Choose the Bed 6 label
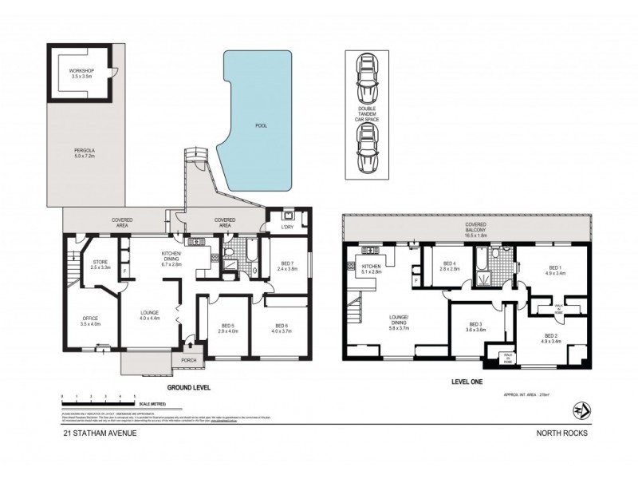(281, 328)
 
